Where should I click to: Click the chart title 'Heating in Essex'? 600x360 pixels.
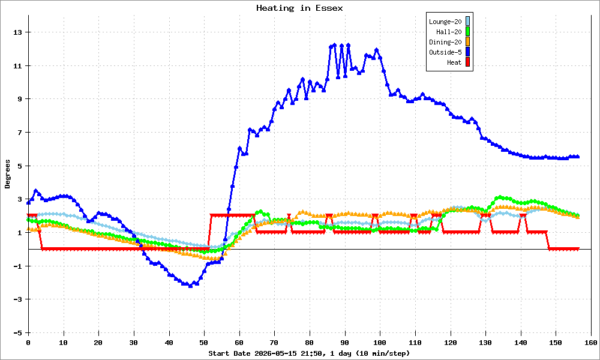point(299,8)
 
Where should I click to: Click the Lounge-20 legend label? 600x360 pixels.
point(445,22)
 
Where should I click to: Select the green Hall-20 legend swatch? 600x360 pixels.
point(467,32)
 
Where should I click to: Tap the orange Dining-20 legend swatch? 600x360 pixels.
point(467,42)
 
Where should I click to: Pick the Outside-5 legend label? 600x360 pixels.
point(445,52)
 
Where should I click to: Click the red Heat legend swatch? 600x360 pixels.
point(467,62)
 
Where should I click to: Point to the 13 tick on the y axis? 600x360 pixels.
point(18,32)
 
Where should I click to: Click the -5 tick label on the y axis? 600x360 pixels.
point(18,333)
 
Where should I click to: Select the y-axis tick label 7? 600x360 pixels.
point(20,133)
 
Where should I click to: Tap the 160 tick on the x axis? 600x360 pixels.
point(591,343)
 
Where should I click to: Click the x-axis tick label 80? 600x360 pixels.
point(310,343)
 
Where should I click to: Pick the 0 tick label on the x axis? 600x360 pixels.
point(28,343)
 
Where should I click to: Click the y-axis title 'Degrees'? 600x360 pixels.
point(8,174)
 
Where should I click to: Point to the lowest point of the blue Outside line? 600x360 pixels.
point(191,286)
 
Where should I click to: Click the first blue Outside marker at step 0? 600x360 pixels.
point(28,202)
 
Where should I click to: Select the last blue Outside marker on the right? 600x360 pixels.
point(577,157)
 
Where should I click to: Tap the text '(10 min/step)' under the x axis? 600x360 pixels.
point(383,353)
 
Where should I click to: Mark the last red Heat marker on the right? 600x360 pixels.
point(577,249)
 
